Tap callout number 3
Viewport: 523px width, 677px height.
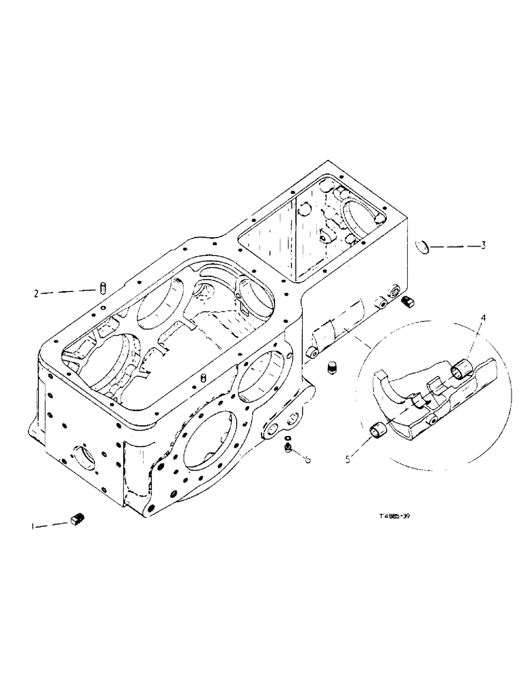483,246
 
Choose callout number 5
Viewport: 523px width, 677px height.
348,459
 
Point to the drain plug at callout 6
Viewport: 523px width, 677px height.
289,450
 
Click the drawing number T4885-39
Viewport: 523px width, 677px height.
394,516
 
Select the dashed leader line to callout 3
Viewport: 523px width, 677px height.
453,246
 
